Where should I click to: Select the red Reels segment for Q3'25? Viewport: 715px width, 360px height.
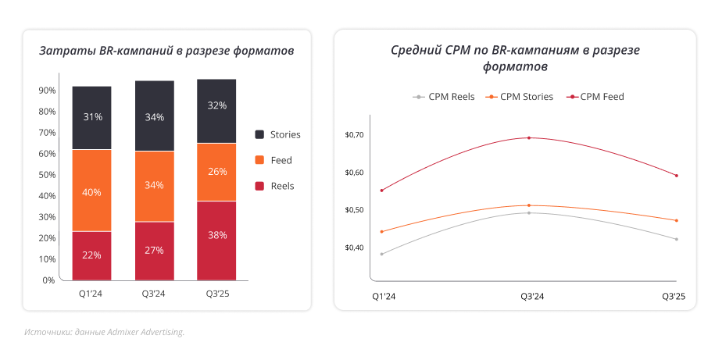pyautogui.click(x=216, y=240)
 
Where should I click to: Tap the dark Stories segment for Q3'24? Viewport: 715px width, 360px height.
pyautogui.click(x=155, y=116)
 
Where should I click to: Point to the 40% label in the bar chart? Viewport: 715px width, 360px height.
pyautogui.click(x=91, y=192)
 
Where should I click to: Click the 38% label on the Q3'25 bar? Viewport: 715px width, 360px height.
pyautogui.click(x=216, y=234)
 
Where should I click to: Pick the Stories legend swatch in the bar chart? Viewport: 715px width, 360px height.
pyautogui.click(x=259, y=134)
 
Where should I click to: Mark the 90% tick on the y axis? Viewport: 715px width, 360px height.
pyautogui.click(x=47, y=91)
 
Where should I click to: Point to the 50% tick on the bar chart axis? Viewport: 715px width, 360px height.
pyautogui.click(x=47, y=175)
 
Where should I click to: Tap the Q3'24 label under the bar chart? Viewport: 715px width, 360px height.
pyautogui.click(x=155, y=294)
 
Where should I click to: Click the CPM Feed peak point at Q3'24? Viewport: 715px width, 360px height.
pyautogui.click(x=529, y=138)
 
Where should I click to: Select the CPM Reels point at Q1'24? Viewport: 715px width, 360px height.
pyautogui.click(x=381, y=254)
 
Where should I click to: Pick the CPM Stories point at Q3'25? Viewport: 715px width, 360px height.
pyautogui.click(x=676, y=220)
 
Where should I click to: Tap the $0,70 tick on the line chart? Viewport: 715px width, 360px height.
pyautogui.click(x=354, y=135)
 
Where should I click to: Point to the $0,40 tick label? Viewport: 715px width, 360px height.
pyautogui.click(x=354, y=248)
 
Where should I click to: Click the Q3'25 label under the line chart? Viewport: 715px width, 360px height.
pyautogui.click(x=674, y=297)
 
